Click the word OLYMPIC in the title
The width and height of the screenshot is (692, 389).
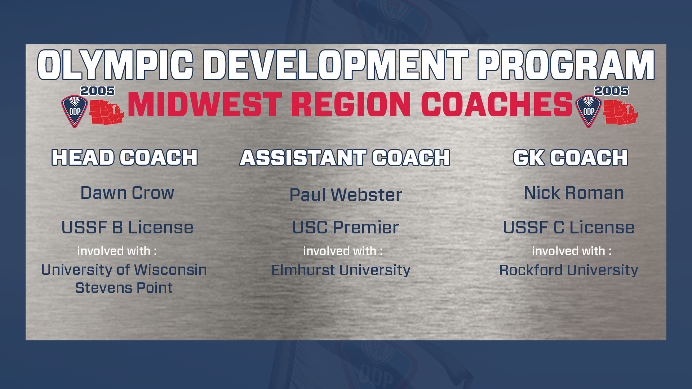click(x=115, y=65)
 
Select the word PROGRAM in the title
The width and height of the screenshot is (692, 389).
click(x=566, y=65)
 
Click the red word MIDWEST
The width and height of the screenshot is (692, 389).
click(x=205, y=104)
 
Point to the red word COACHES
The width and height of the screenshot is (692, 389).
click(x=497, y=104)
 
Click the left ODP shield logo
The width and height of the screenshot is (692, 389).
click(x=75, y=111)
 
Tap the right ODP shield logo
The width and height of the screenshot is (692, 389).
click(x=589, y=111)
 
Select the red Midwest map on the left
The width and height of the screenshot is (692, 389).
click(x=107, y=112)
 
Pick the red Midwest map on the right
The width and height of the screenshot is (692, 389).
click(x=621, y=112)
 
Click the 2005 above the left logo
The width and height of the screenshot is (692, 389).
click(x=97, y=91)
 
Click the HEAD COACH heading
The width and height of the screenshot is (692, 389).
click(x=125, y=157)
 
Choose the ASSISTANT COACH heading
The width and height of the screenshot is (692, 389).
click(x=345, y=158)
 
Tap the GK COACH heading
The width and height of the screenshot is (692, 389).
click(x=571, y=158)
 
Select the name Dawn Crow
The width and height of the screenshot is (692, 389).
click(x=127, y=193)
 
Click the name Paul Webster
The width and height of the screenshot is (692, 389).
click(x=346, y=195)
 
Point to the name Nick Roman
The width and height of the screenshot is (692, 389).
click(x=574, y=193)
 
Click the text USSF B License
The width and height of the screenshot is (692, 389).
click(x=127, y=227)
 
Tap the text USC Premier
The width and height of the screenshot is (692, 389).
click(x=345, y=227)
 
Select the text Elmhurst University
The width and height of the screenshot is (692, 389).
click(x=341, y=270)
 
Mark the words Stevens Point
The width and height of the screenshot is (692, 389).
click(x=124, y=288)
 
